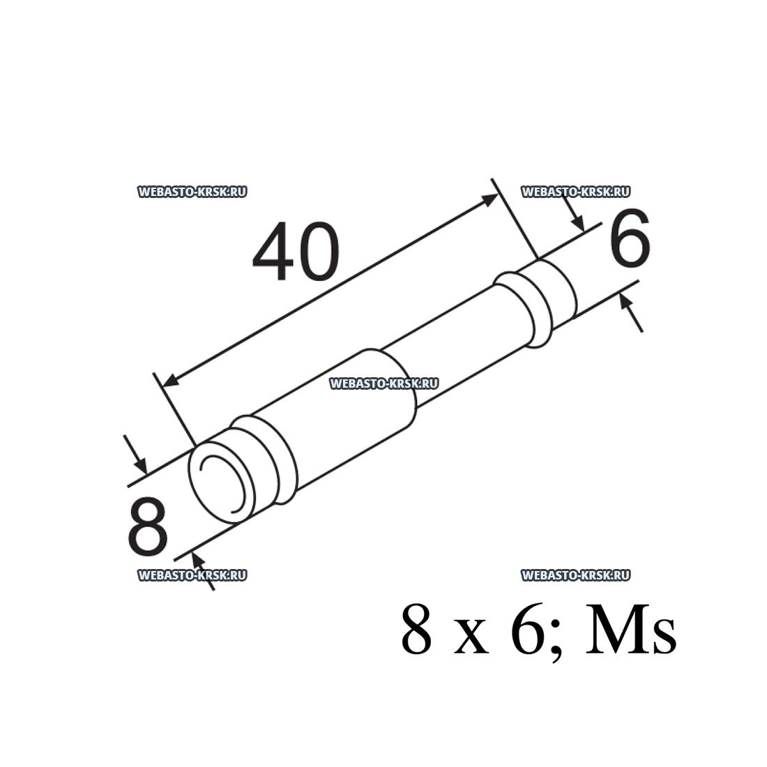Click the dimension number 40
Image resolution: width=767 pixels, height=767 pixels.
click(296, 252)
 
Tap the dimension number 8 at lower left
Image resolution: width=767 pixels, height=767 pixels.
click(148, 527)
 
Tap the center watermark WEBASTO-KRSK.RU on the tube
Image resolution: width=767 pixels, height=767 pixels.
click(384, 383)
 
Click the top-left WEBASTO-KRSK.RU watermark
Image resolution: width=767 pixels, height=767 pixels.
click(192, 192)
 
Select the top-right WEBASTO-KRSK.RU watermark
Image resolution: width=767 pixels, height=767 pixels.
click(576, 192)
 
